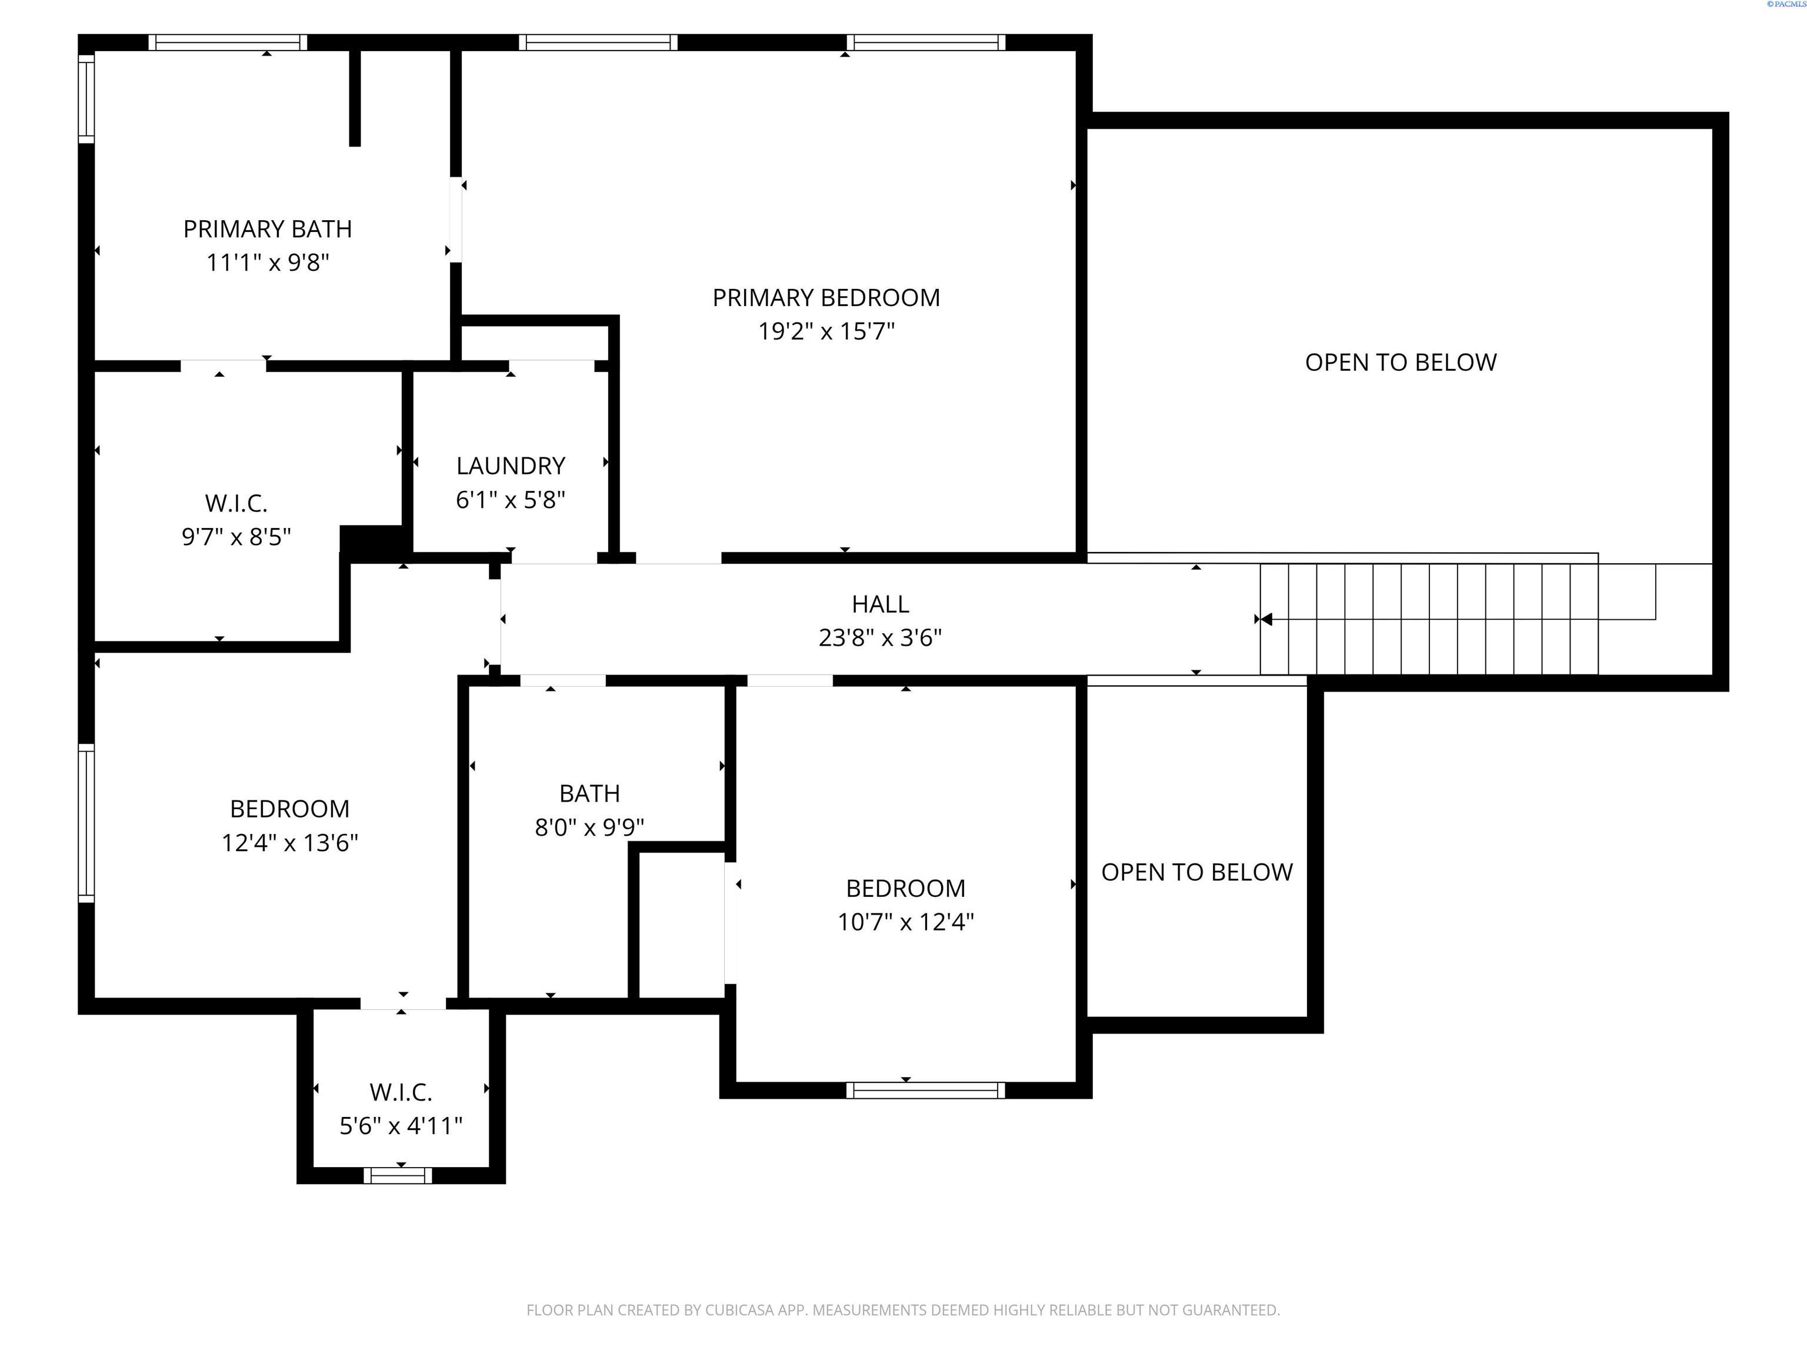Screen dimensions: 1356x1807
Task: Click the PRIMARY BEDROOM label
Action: click(826, 298)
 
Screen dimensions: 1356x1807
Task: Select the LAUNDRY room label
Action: click(511, 466)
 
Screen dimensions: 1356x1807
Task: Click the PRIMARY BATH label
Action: click(267, 229)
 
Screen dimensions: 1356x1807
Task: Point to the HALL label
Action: click(880, 604)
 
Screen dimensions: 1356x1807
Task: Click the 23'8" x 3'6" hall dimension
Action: click(880, 637)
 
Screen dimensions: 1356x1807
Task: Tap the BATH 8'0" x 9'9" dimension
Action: click(589, 827)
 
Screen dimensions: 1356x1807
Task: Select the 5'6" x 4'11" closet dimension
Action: click(401, 1126)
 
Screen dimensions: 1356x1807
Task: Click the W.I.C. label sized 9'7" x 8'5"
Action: click(236, 503)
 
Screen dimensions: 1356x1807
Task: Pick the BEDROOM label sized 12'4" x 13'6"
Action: click(289, 809)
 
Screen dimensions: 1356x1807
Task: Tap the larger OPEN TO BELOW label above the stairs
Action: click(1400, 362)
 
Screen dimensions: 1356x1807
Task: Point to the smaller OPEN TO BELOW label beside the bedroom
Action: click(1197, 872)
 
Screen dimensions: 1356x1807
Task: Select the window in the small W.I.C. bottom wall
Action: click(398, 1175)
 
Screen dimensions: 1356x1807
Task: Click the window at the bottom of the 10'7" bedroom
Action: click(925, 1089)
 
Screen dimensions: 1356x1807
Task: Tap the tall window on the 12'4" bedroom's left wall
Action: click(86, 824)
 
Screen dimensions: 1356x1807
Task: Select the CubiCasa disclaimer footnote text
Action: click(903, 1310)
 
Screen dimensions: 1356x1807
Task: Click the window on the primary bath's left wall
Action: click(86, 98)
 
